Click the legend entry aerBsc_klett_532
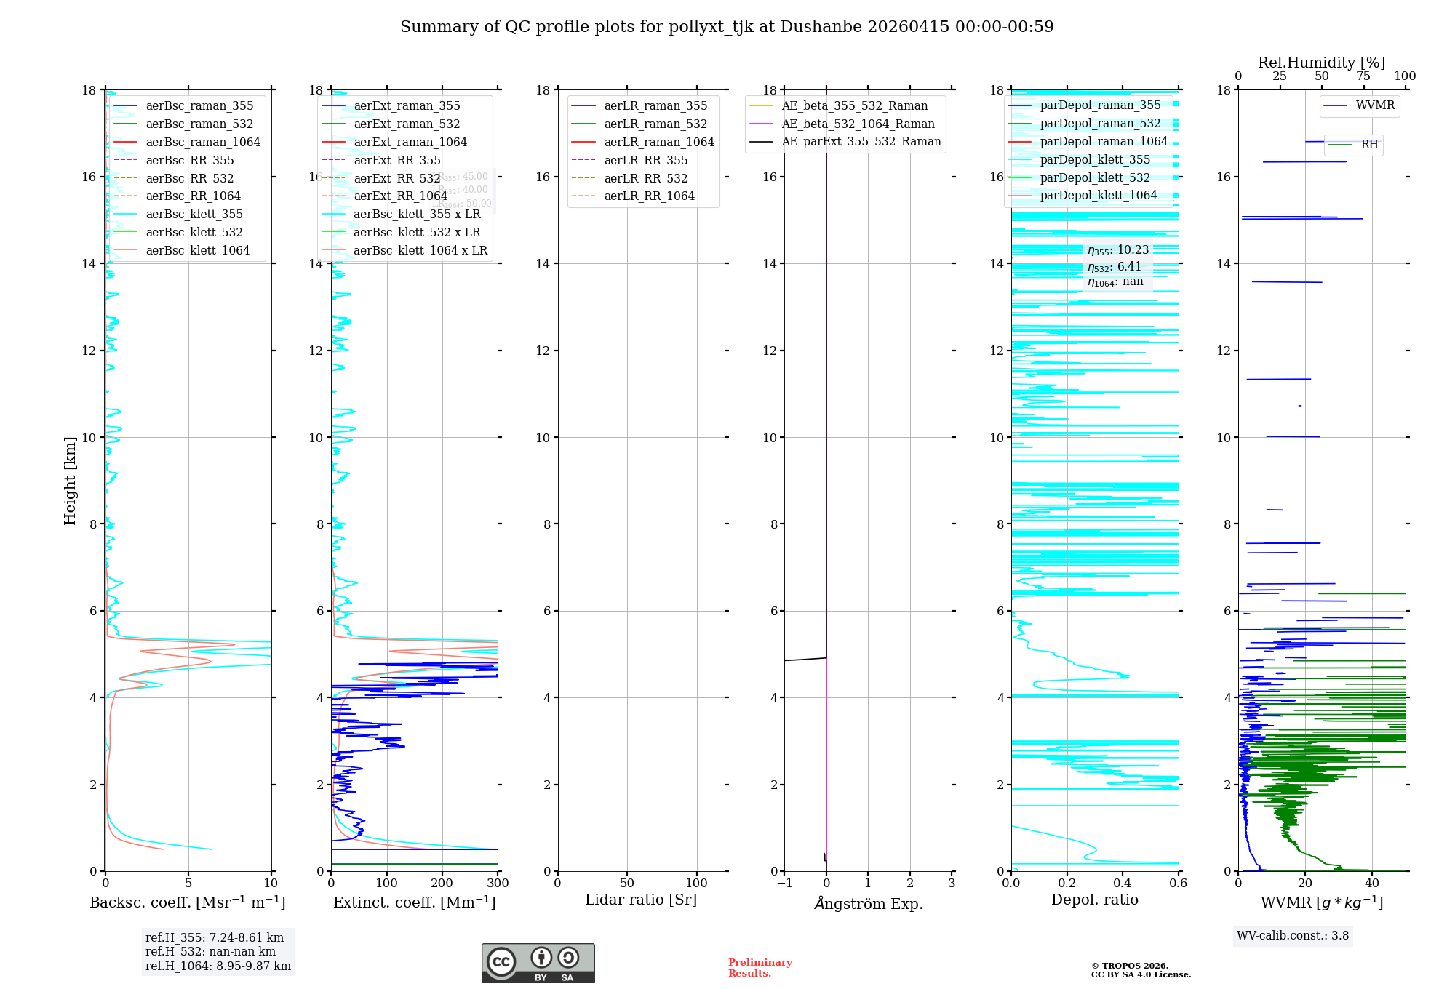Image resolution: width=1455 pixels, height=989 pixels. tap(194, 233)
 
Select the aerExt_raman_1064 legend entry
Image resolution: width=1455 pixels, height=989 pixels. tap(410, 143)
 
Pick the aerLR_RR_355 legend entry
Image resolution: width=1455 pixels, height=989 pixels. tap(645, 161)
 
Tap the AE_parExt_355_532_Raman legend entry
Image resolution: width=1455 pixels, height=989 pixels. tap(861, 142)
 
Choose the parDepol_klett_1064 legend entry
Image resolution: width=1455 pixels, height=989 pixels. tap(1098, 196)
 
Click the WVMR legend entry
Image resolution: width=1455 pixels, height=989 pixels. tap(1375, 105)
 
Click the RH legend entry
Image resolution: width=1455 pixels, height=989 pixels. tap(1369, 145)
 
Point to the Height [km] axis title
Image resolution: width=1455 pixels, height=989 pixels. tap(70, 481)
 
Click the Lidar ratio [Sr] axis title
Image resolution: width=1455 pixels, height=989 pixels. tap(641, 900)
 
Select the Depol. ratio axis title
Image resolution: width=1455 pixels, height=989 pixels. tap(1094, 900)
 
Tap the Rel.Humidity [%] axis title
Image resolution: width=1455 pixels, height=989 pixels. tap(1321, 63)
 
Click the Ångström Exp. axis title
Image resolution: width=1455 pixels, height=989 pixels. tap(868, 904)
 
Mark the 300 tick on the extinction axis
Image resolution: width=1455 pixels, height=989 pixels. tap(498, 884)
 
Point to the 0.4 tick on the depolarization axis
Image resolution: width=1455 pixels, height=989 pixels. tap(1123, 884)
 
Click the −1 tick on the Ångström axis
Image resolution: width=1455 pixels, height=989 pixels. tap(784, 884)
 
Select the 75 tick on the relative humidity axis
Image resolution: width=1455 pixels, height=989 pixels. tap(1363, 76)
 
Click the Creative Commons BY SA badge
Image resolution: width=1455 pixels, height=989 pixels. tap(538, 963)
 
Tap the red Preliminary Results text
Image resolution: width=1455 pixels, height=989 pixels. tap(760, 968)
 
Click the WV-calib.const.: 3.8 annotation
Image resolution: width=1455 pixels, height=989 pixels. tap(1293, 936)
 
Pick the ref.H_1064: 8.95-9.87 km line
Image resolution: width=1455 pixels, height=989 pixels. tap(218, 966)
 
